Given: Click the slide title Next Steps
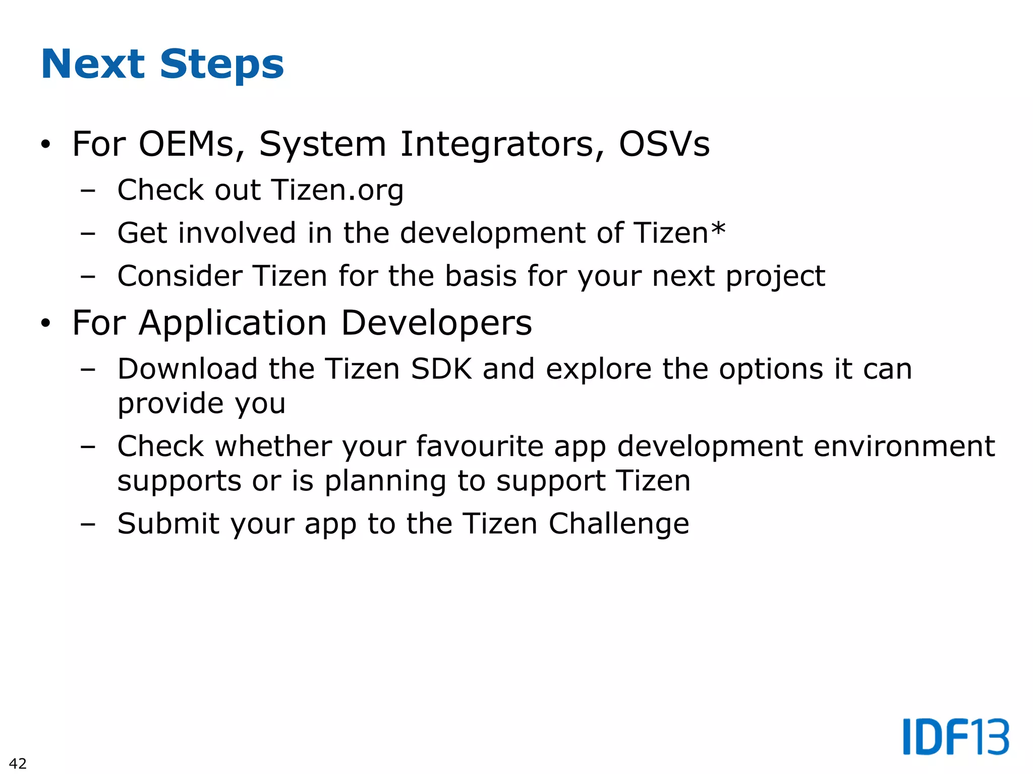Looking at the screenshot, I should point(162,64).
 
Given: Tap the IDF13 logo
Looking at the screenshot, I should point(956,737).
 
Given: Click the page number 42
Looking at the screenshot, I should point(18,763).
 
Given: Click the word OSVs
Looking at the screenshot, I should point(664,144).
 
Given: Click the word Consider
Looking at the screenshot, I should point(180,276).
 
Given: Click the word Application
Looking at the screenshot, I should point(233,323).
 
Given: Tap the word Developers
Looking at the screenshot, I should point(436,323).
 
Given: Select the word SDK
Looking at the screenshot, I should point(441,369).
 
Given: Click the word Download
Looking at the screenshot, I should point(188,369).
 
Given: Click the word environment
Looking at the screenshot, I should point(904,446).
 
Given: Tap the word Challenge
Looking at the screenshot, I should point(618,524).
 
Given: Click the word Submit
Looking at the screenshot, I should point(168,524).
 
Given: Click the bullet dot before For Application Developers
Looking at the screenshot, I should point(46,324).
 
